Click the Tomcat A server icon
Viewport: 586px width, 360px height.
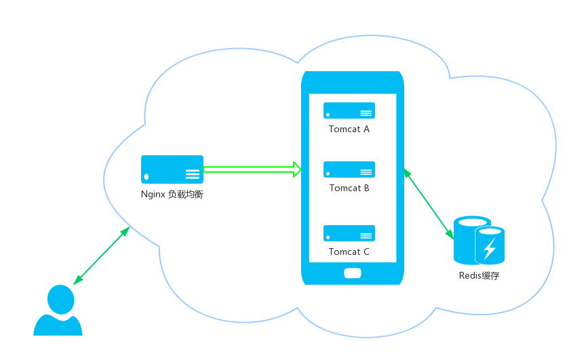coord(349,111)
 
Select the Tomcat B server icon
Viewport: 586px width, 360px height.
coord(349,169)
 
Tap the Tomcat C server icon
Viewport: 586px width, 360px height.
coord(349,233)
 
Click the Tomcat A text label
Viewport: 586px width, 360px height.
coord(349,129)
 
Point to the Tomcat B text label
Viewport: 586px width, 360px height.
coord(349,188)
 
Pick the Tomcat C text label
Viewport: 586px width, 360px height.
coord(349,252)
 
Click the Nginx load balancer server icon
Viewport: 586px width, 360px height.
coord(172,169)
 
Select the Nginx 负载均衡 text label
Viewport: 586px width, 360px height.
coord(172,195)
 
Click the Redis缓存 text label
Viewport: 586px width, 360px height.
coord(479,276)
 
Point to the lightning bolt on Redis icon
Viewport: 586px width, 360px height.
coord(489,249)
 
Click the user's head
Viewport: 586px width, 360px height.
coord(60,299)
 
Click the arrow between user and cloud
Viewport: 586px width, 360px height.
coord(102,255)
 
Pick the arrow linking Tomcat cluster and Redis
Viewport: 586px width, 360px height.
coord(428,203)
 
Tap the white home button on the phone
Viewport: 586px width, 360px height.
coord(353,273)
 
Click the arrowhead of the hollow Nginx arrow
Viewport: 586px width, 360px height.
coord(297,169)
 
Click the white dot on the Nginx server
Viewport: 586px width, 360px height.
coord(146,177)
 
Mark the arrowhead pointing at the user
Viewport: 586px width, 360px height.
coord(77,281)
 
